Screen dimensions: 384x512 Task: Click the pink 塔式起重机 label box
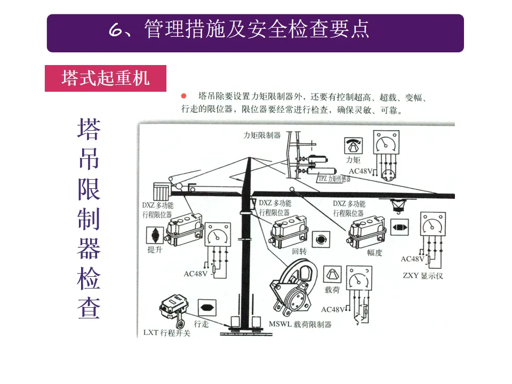[x=106, y=78]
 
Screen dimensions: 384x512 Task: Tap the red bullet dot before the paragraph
[x=183, y=97]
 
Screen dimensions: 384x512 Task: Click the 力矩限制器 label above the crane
[x=262, y=135]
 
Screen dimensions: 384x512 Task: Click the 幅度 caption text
[x=374, y=253]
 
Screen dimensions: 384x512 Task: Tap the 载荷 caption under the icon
[x=332, y=290]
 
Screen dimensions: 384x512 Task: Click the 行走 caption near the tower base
[x=201, y=323]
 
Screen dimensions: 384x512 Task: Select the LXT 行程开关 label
[x=167, y=333]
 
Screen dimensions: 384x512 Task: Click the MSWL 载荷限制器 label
[x=300, y=324]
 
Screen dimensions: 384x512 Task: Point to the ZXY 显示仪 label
[x=423, y=276]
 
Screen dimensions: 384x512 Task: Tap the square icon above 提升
[x=155, y=235]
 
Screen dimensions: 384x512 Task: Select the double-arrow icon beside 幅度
[x=400, y=228]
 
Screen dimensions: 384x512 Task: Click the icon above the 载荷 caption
[x=332, y=274]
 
